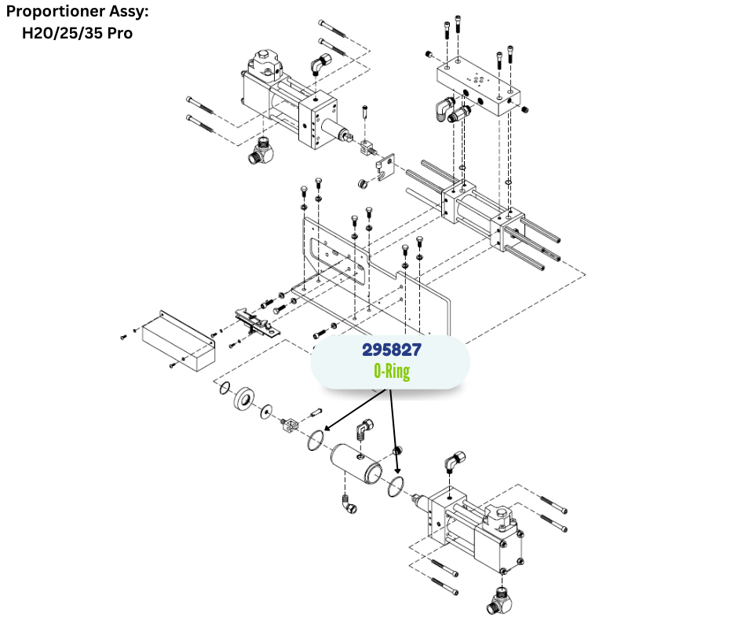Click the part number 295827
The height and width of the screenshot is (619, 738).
391,350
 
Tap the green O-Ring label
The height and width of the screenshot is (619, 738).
391,372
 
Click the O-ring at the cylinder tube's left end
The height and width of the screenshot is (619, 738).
315,441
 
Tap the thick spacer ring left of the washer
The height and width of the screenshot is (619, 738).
246,399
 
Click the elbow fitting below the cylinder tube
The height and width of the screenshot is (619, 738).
348,504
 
